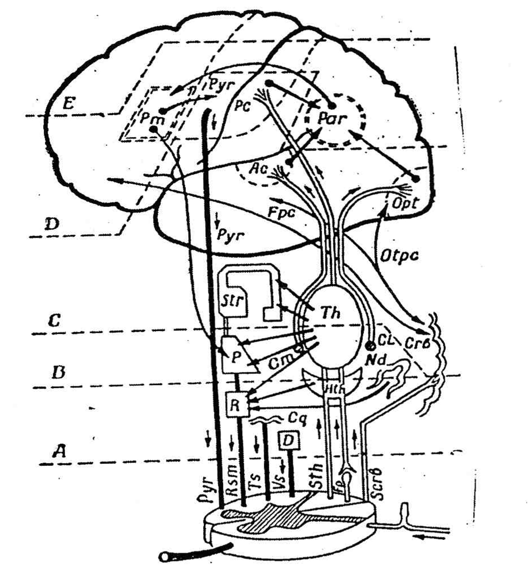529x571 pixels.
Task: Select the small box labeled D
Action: [289, 441]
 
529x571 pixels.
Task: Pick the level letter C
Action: [54, 320]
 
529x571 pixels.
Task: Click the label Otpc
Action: [399, 255]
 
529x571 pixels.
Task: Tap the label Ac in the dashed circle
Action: [258, 168]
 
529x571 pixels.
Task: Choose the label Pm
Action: [152, 120]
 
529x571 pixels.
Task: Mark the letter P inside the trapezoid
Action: [236, 357]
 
